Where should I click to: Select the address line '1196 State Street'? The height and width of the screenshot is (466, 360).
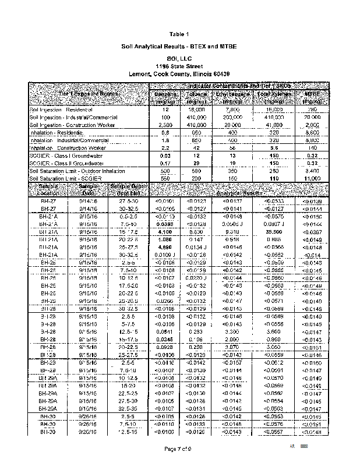tap(180, 66)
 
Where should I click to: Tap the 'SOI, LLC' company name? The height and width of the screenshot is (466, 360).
tap(180, 59)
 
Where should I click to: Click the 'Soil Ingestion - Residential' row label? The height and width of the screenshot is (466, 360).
tap(58, 110)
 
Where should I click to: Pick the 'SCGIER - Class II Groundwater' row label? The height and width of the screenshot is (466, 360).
tap(65, 164)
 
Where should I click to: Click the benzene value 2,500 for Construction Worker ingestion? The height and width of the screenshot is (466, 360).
tap(164, 125)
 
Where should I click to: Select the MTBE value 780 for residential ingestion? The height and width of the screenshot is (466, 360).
tap(313, 110)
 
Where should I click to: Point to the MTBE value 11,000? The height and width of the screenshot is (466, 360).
tap(313, 178)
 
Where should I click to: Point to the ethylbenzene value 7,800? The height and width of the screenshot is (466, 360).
tap(233, 110)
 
